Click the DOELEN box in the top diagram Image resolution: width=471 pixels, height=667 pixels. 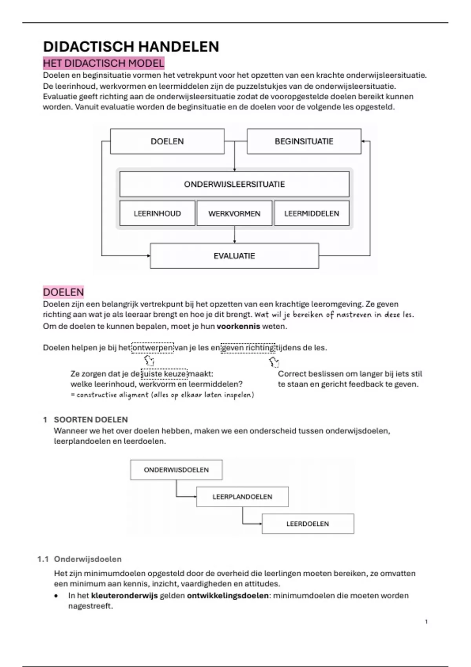pyautogui.click(x=167, y=141)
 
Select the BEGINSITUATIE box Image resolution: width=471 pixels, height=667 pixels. pyautogui.click(x=304, y=141)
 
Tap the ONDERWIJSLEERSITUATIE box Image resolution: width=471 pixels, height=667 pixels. pyautogui.click(x=234, y=184)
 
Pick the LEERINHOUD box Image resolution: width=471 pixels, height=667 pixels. pyautogui.click(x=157, y=213)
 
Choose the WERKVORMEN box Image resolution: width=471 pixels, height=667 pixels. pyautogui.click(x=234, y=213)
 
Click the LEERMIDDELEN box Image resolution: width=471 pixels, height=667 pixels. pyautogui.click(x=311, y=213)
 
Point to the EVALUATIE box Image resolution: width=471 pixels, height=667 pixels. pyautogui.click(x=234, y=256)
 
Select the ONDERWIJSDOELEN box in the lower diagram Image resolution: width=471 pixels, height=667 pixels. pyautogui.click(x=176, y=470)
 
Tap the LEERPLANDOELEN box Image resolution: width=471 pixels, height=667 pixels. pyautogui.click(x=242, y=497)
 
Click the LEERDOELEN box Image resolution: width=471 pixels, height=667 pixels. pyautogui.click(x=308, y=524)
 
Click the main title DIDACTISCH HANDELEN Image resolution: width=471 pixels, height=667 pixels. pyautogui.click(x=131, y=47)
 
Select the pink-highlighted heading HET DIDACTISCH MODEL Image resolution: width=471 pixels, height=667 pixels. pyautogui.click(x=104, y=63)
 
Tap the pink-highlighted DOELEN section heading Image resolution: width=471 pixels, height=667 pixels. pyautogui.click(x=63, y=292)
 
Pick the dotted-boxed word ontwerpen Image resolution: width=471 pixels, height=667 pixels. pyautogui.click(x=153, y=348)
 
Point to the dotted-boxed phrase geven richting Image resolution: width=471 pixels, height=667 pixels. pyautogui.click(x=248, y=348)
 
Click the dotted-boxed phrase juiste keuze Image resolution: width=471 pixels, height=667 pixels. pyautogui.click(x=164, y=374)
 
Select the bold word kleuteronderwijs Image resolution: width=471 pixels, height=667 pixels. pyautogui.click(x=124, y=596)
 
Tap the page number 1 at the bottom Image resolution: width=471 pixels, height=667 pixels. pyautogui.click(x=426, y=621)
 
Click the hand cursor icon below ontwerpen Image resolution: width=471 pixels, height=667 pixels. pyautogui.click(x=149, y=361)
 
